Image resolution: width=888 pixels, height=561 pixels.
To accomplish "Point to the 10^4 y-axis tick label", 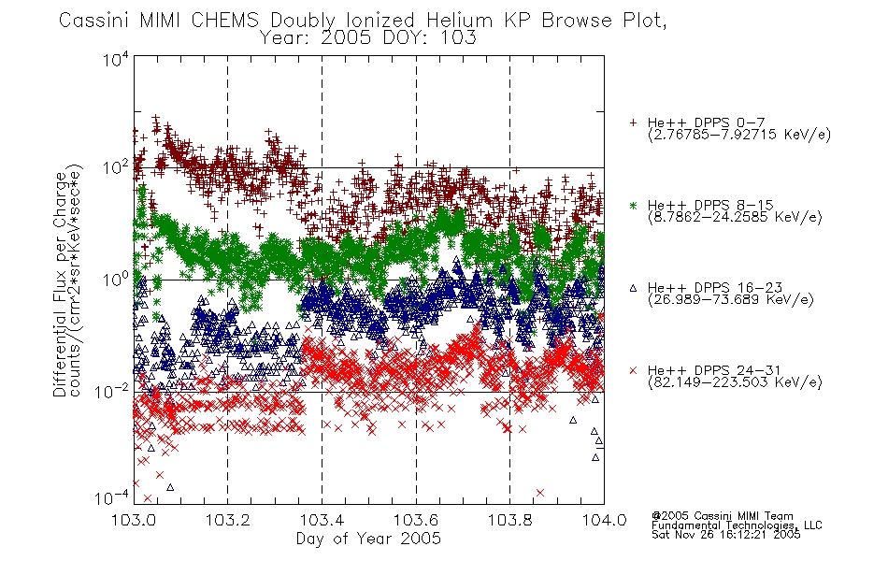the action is pyautogui.click(x=116, y=60).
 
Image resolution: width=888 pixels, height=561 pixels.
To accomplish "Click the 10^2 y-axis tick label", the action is pyautogui.click(x=116, y=168).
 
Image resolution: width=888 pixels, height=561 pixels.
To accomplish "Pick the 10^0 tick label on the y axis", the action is pyautogui.click(x=116, y=280).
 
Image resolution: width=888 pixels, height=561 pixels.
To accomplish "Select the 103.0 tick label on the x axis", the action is pyautogui.click(x=135, y=520).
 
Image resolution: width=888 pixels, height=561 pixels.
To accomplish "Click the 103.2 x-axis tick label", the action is pyautogui.click(x=228, y=520).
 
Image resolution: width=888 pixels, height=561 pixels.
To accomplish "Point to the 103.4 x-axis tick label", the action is pyautogui.click(x=322, y=520).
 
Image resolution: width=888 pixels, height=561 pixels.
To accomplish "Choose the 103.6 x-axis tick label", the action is pyautogui.click(x=416, y=520).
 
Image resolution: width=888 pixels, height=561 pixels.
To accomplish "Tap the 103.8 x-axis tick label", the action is pyautogui.click(x=510, y=520).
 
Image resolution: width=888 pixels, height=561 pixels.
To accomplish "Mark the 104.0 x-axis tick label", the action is pyautogui.click(x=604, y=520).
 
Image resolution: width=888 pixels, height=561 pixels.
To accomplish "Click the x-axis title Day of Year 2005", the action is pyautogui.click(x=368, y=539).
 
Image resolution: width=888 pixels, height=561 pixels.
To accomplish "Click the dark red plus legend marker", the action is pyautogui.click(x=633, y=122).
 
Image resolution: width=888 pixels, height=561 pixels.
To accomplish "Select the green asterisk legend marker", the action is pyautogui.click(x=633, y=205).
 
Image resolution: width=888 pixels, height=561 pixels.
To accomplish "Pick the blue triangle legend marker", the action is pyautogui.click(x=633, y=288).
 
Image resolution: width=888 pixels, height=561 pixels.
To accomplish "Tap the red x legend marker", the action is pyautogui.click(x=633, y=370).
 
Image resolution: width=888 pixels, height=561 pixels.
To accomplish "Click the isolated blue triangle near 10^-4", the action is pyautogui.click(x=170, y=487).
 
